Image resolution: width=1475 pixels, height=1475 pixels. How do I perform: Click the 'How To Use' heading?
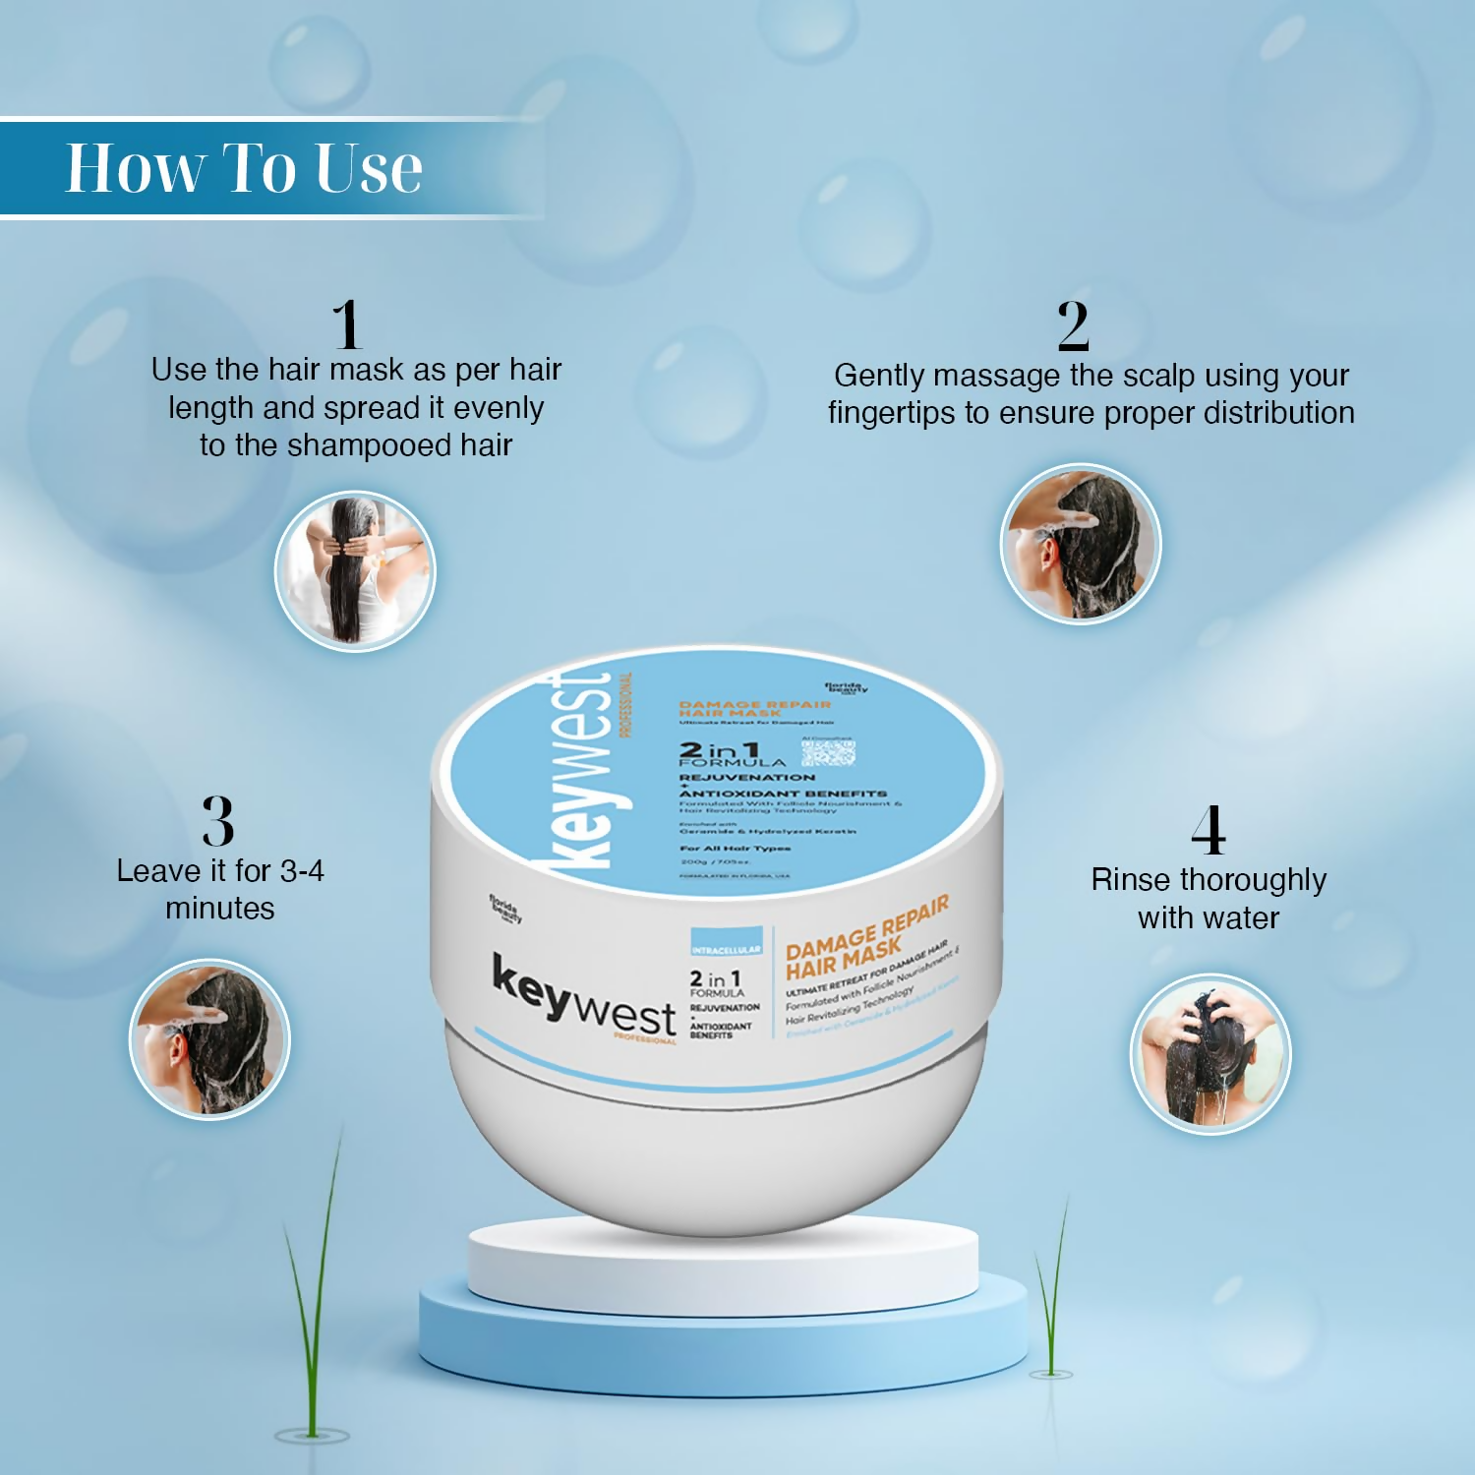[244, 168]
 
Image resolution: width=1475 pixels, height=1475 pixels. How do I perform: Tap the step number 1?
[346, 324]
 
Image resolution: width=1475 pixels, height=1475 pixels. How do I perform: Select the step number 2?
[1073, 326]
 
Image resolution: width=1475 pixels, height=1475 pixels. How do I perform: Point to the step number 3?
[218, 821]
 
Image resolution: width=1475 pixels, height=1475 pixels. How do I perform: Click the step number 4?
[1209, 831]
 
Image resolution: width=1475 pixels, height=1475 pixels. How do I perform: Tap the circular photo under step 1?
[355, 571]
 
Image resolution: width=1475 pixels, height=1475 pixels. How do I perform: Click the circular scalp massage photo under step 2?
[1081, 544]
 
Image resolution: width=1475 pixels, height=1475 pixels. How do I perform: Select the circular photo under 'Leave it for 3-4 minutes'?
[210, 1039]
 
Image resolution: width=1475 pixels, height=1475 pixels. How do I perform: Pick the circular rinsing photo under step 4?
[1209, 1054]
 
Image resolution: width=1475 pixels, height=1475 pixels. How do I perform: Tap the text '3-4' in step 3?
[302, 871]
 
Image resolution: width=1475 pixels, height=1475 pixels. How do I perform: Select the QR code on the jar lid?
[828, 752]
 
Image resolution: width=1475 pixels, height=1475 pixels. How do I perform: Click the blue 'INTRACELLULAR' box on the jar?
[726, 942]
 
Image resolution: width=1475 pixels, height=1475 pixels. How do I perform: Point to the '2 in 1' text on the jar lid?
[719, 750]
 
